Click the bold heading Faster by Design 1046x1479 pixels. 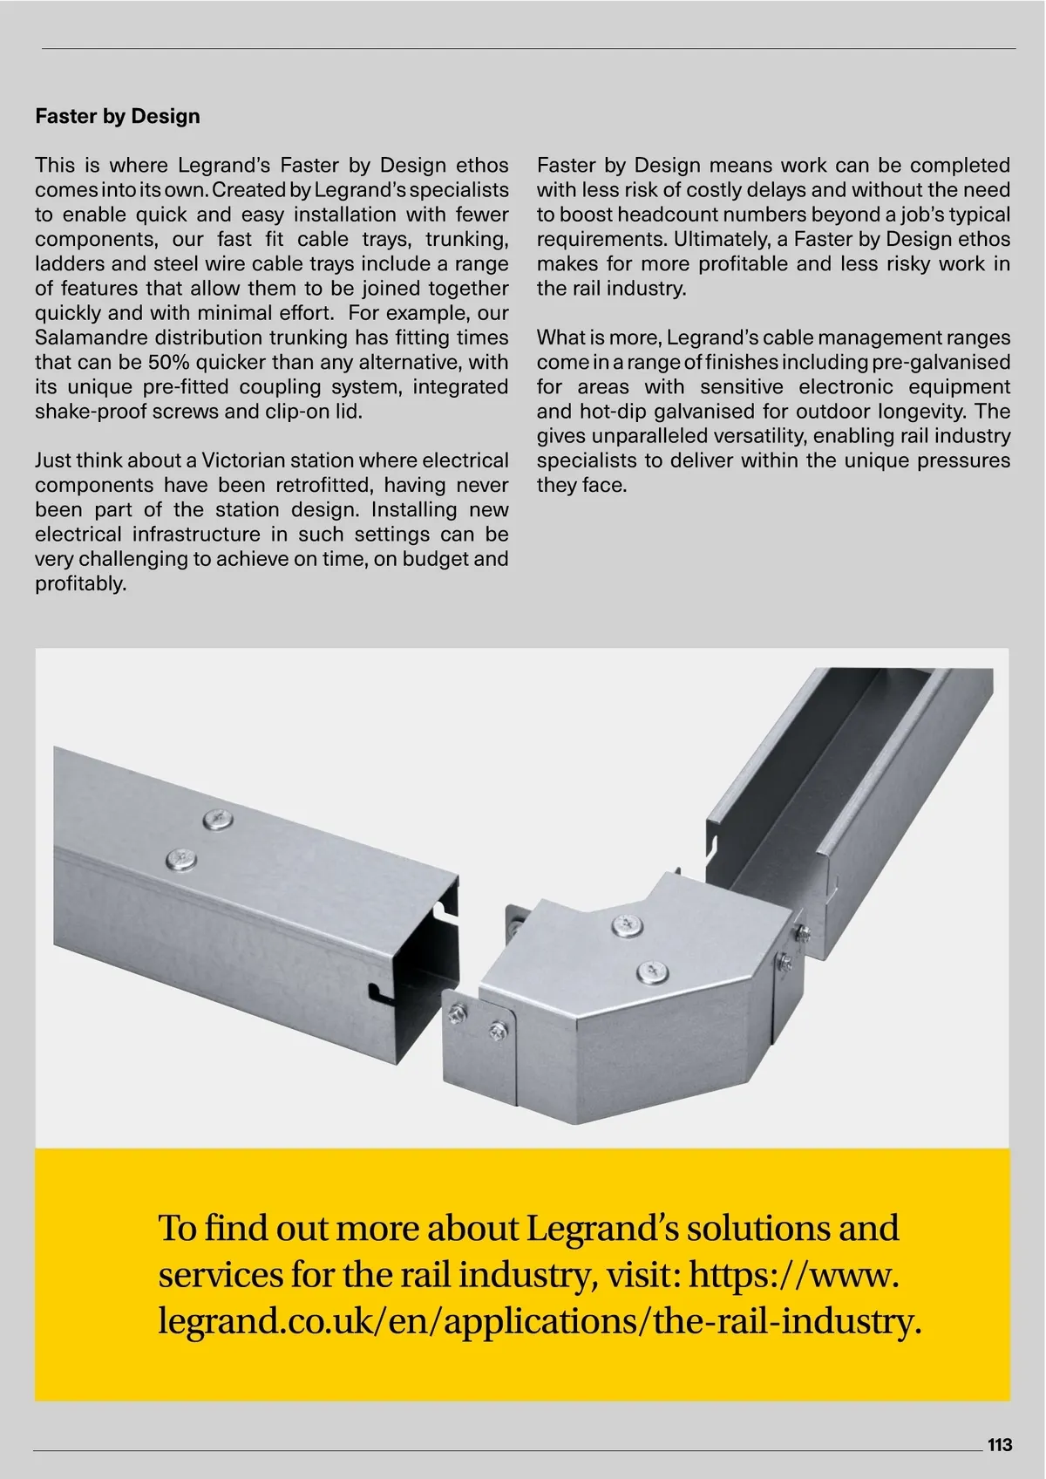(118, 117)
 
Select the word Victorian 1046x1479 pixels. (245, 460)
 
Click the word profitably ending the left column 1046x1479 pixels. (80, 583)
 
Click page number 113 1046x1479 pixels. (1000, 1445)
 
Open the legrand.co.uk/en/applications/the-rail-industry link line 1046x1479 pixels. (539, 1321)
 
